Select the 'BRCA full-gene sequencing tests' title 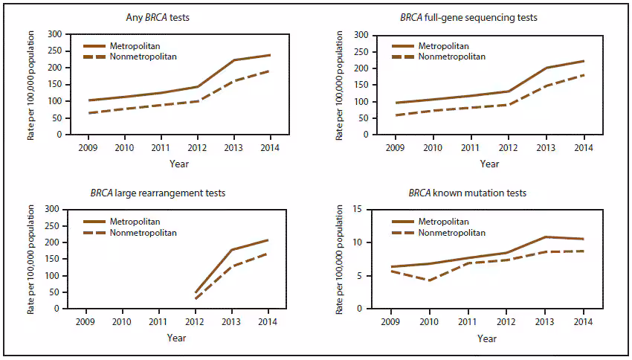(474, 17)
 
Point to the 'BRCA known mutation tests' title (468, 193)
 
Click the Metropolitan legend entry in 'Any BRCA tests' (132, 46)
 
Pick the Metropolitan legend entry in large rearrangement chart (132, 222)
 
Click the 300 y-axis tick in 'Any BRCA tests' (54, 34)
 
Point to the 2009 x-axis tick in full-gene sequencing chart (396, 146)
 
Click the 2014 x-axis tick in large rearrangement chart (268, 321)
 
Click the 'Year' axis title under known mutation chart (487, 338)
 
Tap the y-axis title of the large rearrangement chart (31, 258)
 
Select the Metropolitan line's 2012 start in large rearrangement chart (195, 292)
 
